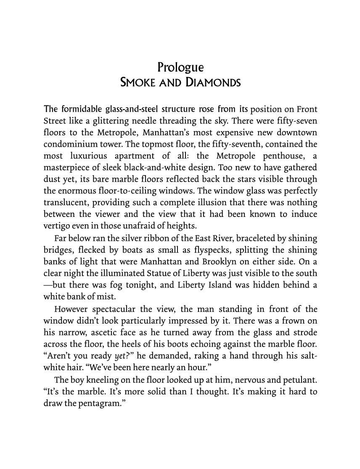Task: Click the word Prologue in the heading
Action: click(x=180, y=67)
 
